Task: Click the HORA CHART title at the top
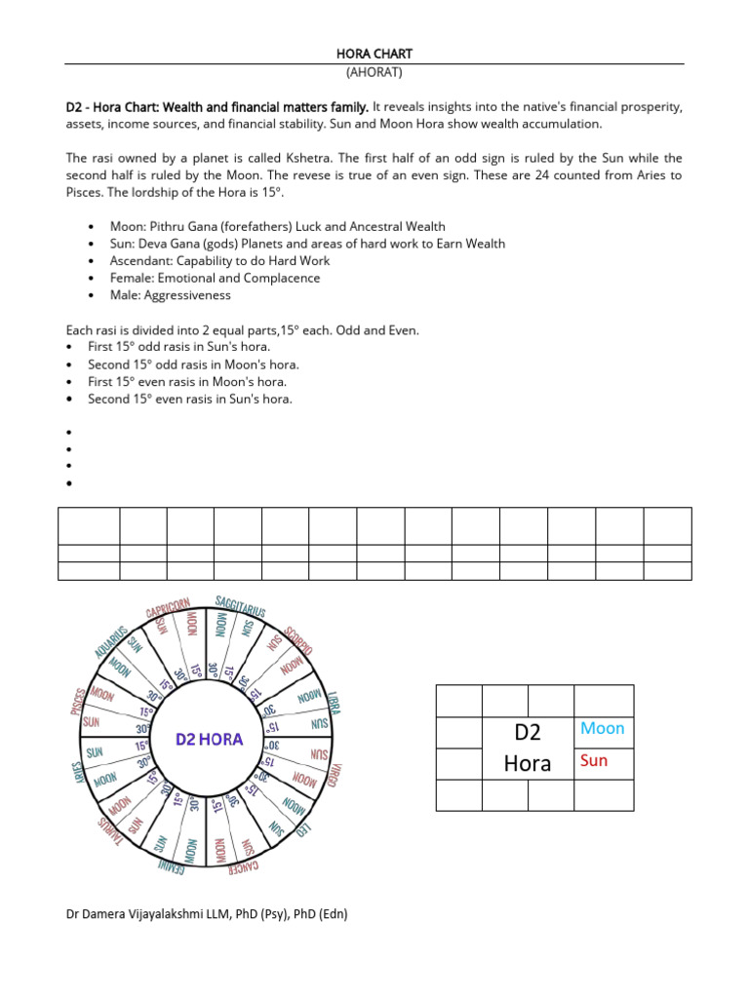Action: [374, 54]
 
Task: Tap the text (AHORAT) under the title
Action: [374, 73]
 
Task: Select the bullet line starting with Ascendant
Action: [219, 260]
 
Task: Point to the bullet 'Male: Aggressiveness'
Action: [171, 295]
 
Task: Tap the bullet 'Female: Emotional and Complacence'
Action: [215, 278]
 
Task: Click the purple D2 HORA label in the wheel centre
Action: [210, 739]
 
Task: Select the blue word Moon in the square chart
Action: [602, 729]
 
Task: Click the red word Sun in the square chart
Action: [593, 761]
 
